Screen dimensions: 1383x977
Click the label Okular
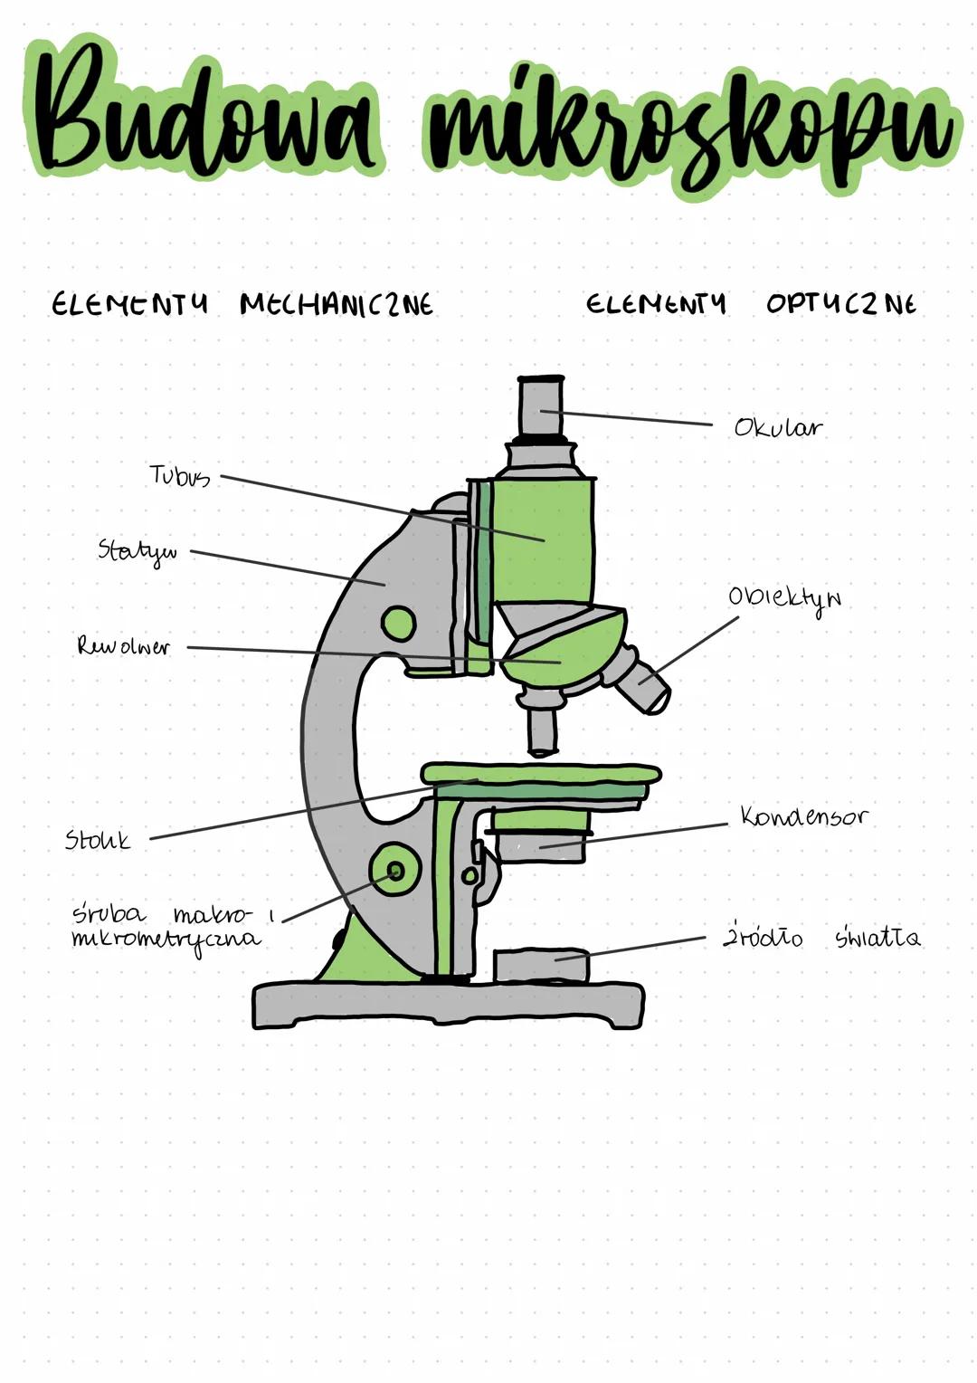click(x=778, y=427)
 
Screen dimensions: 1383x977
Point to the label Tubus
click(x=180, y=476)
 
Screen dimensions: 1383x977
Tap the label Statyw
click(x=138, y=551)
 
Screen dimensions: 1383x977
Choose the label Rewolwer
click(x=123, y=646)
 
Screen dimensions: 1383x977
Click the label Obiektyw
click(x=784, y=599)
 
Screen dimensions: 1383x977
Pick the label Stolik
click(x=98, y=840)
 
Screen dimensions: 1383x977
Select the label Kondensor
click(x=804, y=816)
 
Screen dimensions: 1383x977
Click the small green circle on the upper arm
click(x=398, y=623)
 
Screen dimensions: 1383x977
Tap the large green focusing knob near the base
click(x=395, y=870)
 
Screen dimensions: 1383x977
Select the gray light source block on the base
click(x=541, y=967)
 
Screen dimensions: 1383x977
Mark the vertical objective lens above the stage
click(x=542, y=731)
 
